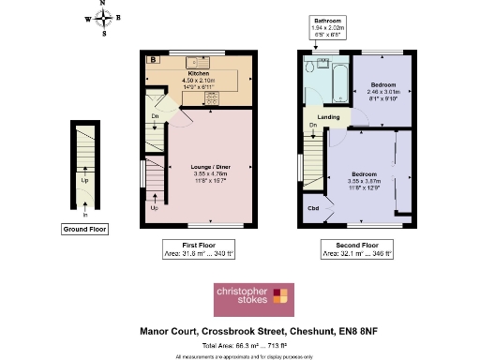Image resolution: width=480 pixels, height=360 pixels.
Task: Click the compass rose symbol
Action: pos(104,17)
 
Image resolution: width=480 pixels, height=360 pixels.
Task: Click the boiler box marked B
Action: pos(153,60)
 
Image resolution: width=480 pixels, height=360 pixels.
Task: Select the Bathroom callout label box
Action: pos(329,27)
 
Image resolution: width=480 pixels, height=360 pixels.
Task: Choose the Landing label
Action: pos(329,116)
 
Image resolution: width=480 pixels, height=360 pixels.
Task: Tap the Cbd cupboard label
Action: pos(312,207)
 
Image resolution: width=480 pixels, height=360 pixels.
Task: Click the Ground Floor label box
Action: pos(83,229)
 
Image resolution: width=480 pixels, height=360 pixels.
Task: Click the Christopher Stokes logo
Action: pos(255,297)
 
